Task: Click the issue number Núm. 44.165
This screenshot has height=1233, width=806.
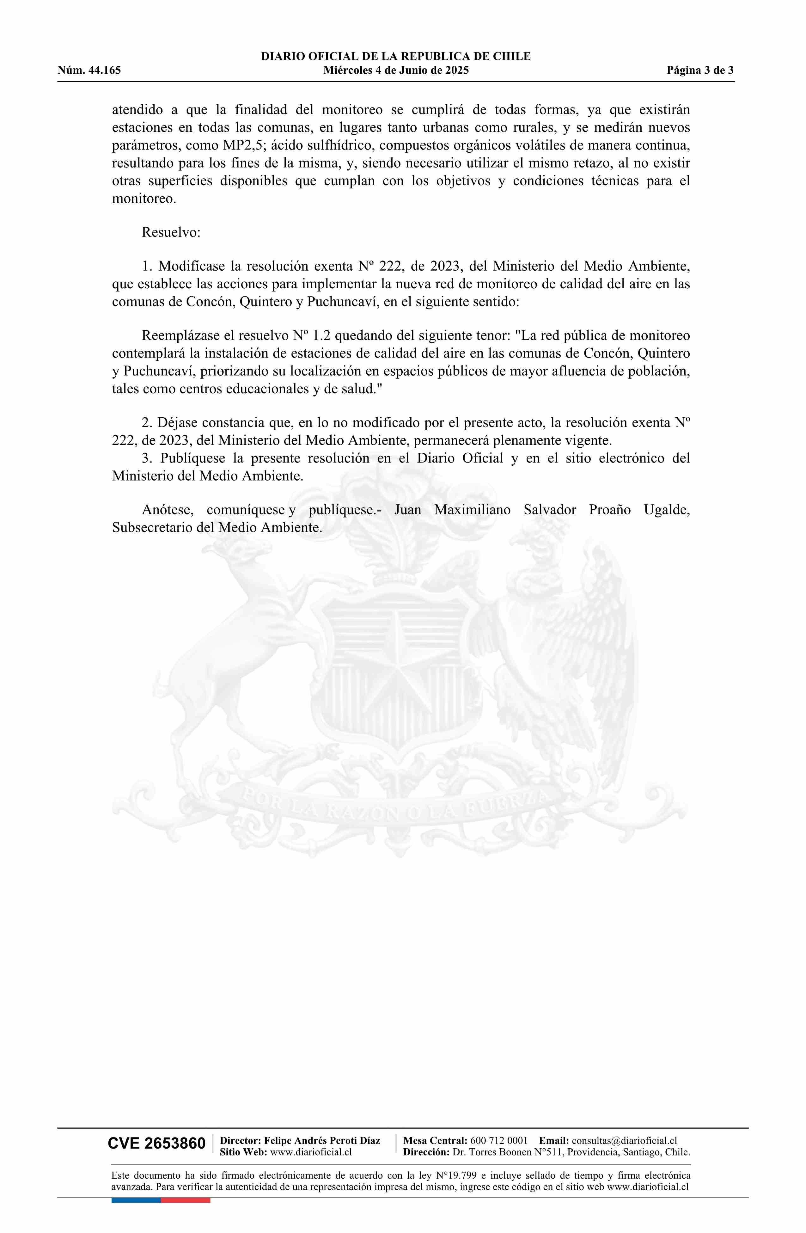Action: pos(89,71)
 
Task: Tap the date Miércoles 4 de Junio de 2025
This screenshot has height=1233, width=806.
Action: pos(396,71)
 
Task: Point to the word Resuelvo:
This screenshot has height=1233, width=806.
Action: pos(171,232)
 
